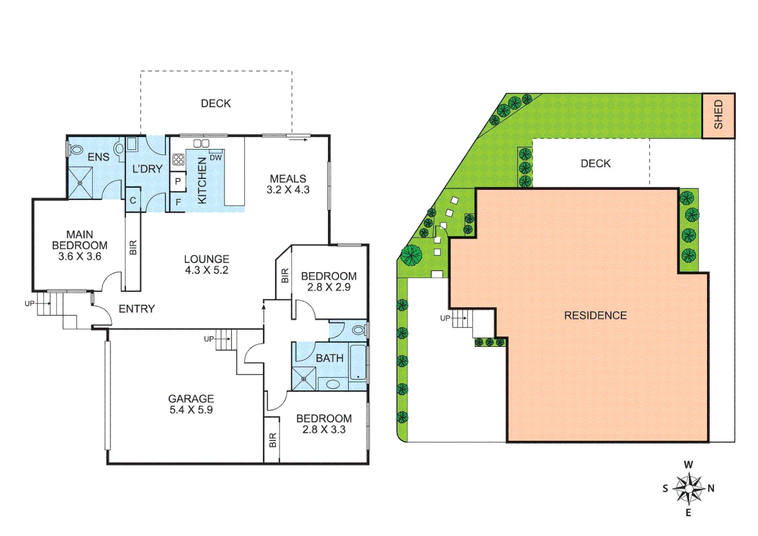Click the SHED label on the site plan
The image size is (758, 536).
[x=718, y=115]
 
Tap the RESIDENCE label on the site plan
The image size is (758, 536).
[x=595, y=316]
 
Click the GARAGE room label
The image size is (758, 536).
[x=191, y=399]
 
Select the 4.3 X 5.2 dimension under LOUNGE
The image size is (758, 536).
[x=206, y=270]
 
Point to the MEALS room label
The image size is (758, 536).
[x=288, y=179]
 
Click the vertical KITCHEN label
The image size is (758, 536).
[x=202, y=181]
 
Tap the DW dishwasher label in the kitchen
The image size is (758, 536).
[x=216, y=158]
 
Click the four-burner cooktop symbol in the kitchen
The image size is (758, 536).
[x=179, y=160]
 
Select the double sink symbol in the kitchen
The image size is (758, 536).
[x=201, y=143]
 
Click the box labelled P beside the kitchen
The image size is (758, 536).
[x=178, y=182]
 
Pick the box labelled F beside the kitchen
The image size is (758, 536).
[x=178, y=202]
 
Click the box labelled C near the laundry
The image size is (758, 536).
[x=133, y=201]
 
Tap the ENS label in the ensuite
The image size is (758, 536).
[x=98, y=157]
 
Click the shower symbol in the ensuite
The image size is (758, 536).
[x=80, y=183]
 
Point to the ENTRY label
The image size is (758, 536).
[x=137, y=309]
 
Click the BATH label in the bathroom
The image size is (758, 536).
[x=329, y=358]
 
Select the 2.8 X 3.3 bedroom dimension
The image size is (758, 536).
[x=324, y=430]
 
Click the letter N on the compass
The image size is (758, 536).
[x=711, y=488]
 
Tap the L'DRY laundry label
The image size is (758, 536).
[x=147, y=169]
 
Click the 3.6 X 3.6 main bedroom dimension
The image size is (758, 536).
[x=80, y=257]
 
